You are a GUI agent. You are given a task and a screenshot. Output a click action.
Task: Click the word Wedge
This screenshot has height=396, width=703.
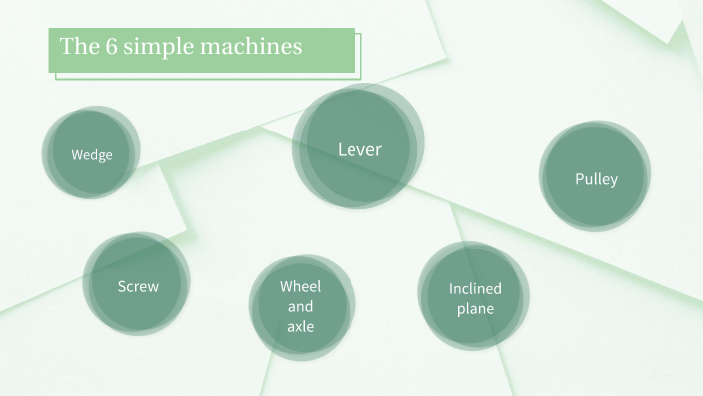pos(91,155)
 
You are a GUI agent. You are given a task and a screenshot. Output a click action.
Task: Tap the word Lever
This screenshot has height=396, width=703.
pos(359,150)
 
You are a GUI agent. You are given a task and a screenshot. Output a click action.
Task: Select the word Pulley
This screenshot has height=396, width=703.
pos(596,179)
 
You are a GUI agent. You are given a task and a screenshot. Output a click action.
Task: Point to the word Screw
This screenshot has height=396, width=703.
pos(138,286)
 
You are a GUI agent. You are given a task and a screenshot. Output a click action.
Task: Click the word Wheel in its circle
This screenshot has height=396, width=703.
pos(300,286)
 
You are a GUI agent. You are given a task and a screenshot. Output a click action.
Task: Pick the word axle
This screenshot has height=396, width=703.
pos(300,326)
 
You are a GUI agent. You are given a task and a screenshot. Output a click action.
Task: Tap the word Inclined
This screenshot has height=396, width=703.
pos(475,289)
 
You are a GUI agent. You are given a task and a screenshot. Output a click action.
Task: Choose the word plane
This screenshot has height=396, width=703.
pos(475,309)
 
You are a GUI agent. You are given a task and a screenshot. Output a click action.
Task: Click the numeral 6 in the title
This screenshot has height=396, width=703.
pos(112,47)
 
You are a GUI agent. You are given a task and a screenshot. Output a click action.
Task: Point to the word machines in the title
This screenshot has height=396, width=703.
pos(254,47)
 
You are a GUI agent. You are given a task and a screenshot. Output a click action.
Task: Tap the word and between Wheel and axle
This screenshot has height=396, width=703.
pos(300,306)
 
